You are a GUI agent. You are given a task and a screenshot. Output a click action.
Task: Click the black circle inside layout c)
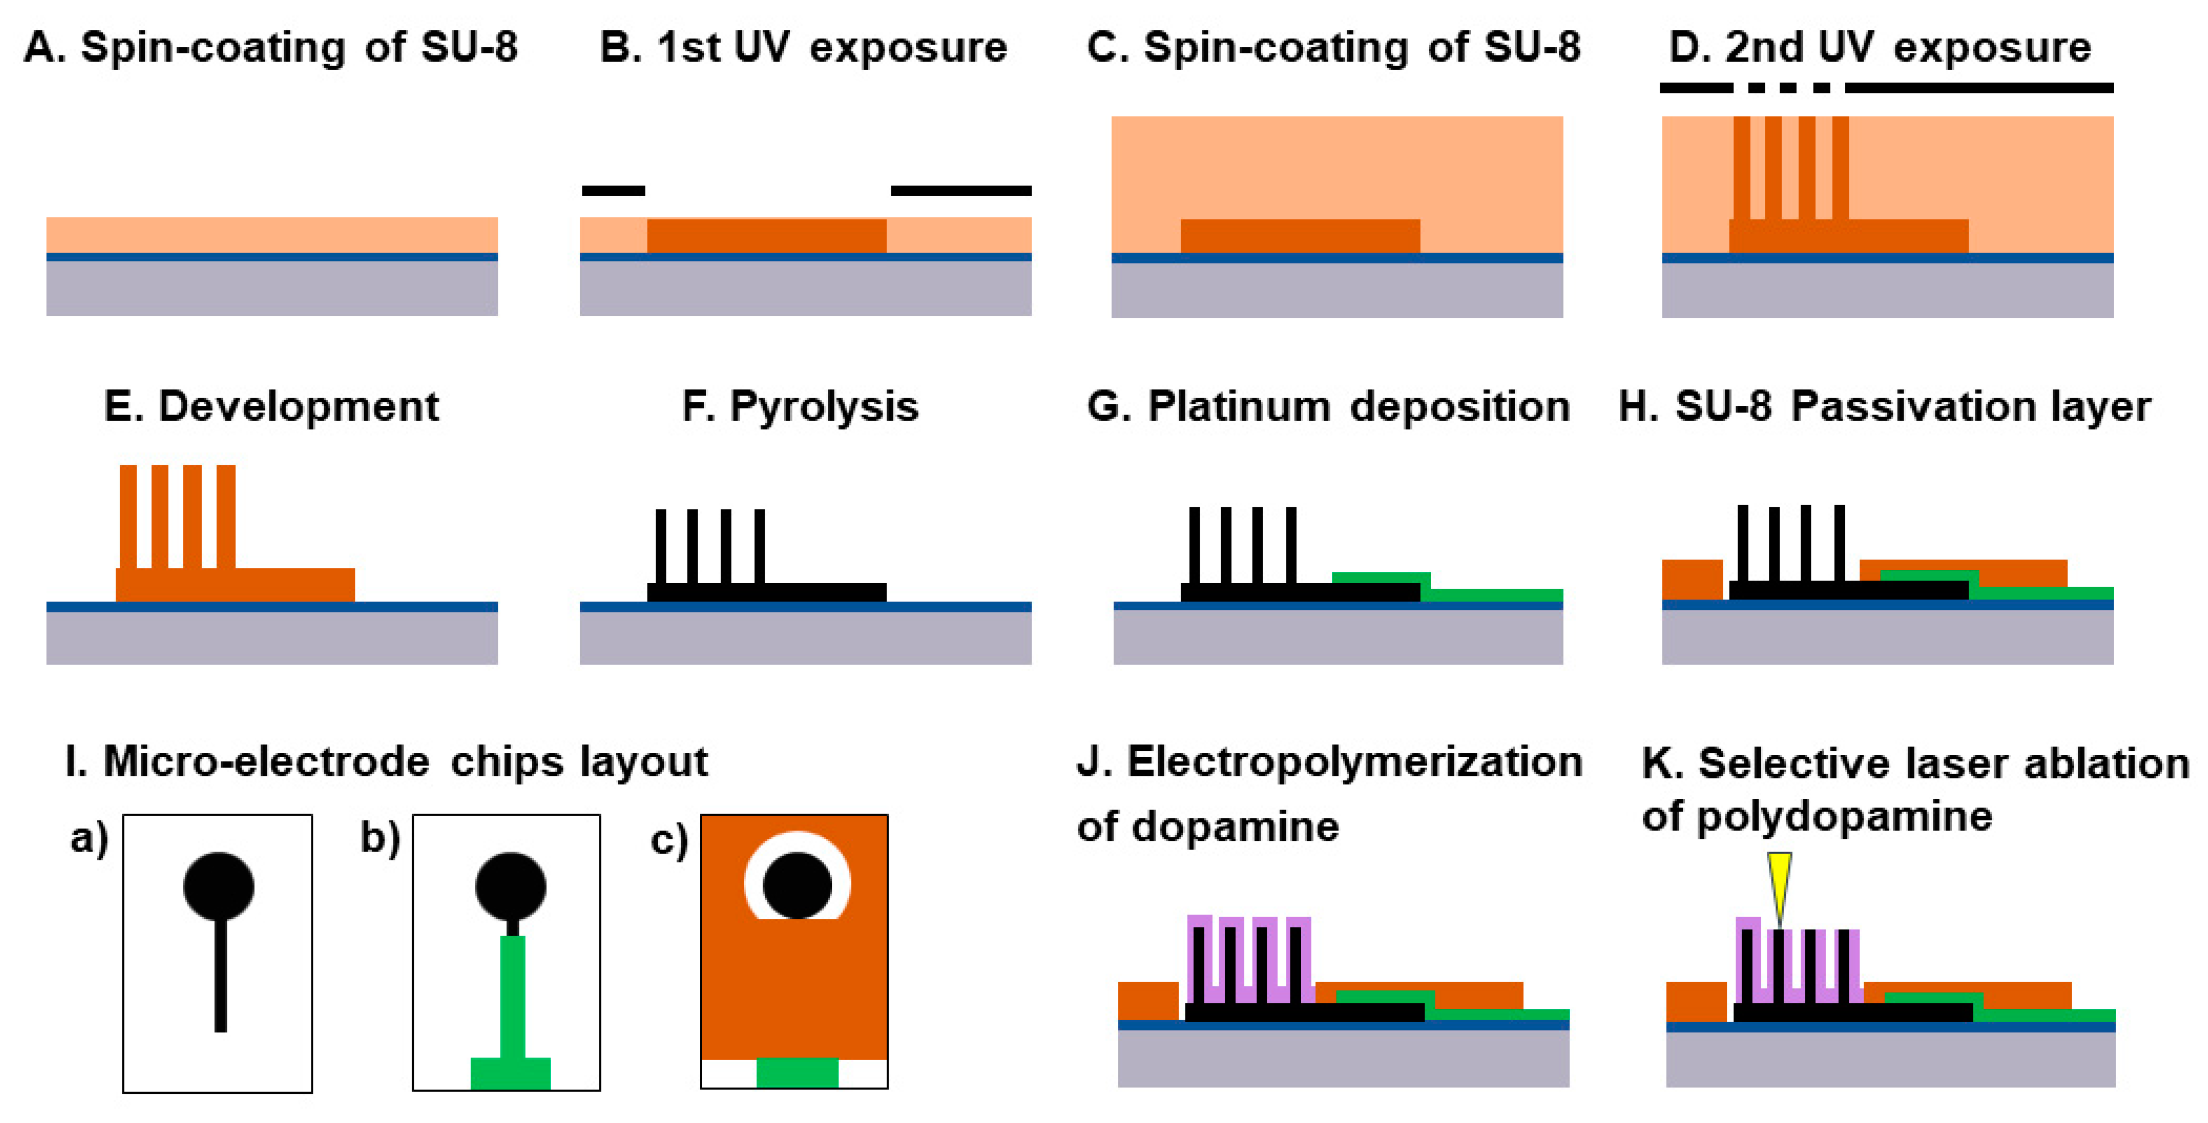point(796,885)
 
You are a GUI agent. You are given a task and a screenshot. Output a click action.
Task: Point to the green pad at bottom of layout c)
point(796,1072)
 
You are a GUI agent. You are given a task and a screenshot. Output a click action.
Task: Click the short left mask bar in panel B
point(613,190)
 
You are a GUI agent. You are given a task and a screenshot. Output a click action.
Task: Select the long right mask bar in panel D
point(1978,87)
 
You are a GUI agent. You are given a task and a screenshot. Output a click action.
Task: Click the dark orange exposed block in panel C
point(1299,236)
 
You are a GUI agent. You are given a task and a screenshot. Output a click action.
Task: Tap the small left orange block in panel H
point(1691,580)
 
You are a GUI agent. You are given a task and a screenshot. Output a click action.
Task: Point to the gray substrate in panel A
point(272,288)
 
